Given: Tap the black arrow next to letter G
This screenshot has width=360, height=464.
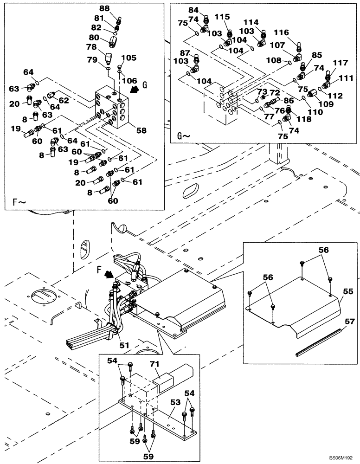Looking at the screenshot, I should click(x=135, y=90).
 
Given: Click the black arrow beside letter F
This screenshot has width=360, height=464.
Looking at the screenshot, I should click(x=109, y=275).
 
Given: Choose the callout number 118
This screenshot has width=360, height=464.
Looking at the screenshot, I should click(x=291, y=119).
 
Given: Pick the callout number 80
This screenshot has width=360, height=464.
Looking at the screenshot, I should click(x=94, y=37).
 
